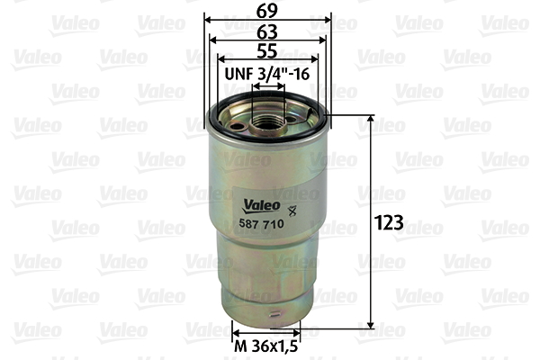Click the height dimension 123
click(x=390, y=222)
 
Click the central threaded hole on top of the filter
click(x=267, y=118)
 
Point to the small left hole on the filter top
click(x=238, y=126)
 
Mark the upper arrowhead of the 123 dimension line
click(x=371, y=120)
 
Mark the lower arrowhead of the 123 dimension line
click(x=371, y=325)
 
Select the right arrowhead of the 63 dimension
click(x=321, y=39)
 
